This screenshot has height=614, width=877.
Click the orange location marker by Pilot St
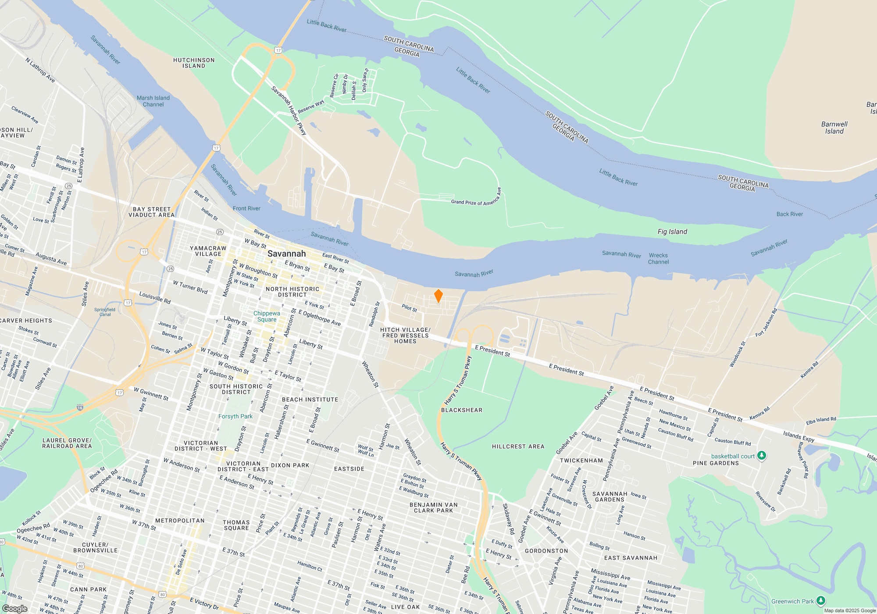(438, 296)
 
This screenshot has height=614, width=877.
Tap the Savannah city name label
(286, 253)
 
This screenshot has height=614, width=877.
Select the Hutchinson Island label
(194, 63)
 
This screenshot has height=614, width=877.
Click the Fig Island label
(672, 232)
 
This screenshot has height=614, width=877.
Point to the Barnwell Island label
(834, 128)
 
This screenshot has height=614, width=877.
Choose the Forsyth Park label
(235, 416)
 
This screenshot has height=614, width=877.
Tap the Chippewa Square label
(267, 316)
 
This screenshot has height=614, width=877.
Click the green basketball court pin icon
(762, 456)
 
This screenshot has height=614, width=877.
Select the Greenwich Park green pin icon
(821, 601)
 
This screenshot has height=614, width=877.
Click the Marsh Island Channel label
(153, 101)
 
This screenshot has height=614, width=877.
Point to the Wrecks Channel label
(658, 258)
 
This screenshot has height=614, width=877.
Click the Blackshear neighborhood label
(461, 410)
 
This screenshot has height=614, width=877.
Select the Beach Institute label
(310, 400)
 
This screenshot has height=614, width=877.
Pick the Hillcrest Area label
(518, 446)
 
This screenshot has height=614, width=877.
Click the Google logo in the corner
(14, 609)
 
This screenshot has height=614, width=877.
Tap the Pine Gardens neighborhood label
(716, 463)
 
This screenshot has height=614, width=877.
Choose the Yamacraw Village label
(208, 251)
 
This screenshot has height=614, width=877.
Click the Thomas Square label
(236, 525)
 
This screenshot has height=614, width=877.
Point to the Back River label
(789, 214)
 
